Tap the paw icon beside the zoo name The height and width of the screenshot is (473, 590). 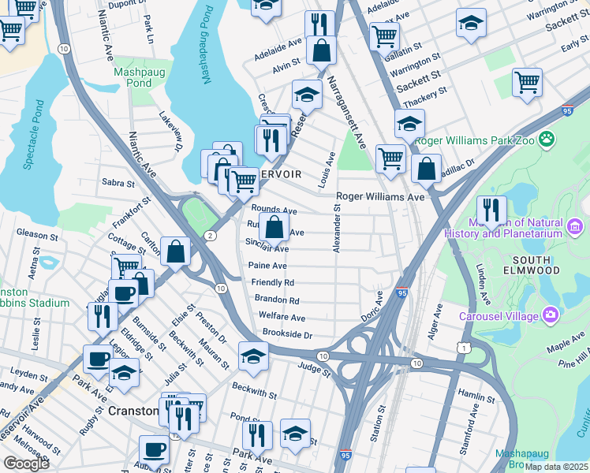coord(547,140)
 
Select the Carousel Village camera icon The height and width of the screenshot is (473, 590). coord(550,315)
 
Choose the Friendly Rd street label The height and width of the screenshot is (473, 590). coord(272,282)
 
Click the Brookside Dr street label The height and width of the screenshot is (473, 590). coord(287,334)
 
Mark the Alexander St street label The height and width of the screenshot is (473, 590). coord(337,229)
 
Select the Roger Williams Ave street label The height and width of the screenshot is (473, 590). coord(380,196)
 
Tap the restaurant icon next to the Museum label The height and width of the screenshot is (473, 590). coord(491,210)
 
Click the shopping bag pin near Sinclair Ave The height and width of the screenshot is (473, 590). coord(274,228)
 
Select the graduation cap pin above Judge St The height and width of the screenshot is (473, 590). coord(253,356)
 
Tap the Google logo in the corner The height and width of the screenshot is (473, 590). coord(26,464)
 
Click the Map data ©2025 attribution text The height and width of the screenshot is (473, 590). coord(557,466)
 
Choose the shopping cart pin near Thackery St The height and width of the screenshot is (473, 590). coord(527,82)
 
